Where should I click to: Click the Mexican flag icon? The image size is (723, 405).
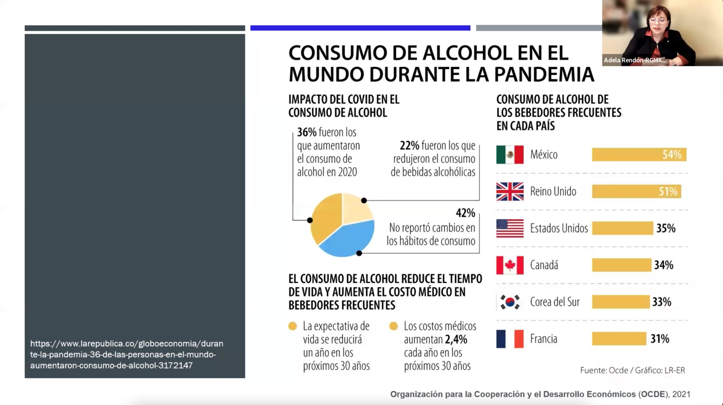(x=510, y=155)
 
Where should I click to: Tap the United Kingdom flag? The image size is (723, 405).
(x=510, y=191)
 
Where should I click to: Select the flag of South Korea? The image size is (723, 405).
(x=510, y=302)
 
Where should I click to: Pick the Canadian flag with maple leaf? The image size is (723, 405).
(x=510, y=265)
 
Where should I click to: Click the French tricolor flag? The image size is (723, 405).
(x=510, y=339)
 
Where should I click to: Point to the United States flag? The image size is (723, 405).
(x=510, y=228)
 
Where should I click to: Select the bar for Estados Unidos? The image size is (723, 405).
(x=622, y=228)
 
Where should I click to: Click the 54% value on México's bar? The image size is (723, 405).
(x=672, y=155)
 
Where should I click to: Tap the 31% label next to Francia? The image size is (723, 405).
(x=660, y=339)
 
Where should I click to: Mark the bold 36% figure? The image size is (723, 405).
(x=307, y=132)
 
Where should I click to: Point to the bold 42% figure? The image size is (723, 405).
(x=465, y=213)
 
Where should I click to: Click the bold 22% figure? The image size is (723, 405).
(x=409, y=146)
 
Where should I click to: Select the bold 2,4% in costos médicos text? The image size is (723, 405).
(x=456, y=339)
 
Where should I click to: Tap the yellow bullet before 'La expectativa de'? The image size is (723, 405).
(x=293, y=326)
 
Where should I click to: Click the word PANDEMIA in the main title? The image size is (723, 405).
(x=544, y=74)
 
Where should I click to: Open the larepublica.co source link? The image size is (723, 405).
(x=127, y=354)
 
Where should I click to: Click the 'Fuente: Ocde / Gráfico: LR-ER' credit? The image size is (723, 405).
(x=632, y=370)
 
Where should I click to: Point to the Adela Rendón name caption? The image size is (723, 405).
(x=635, y=60)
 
